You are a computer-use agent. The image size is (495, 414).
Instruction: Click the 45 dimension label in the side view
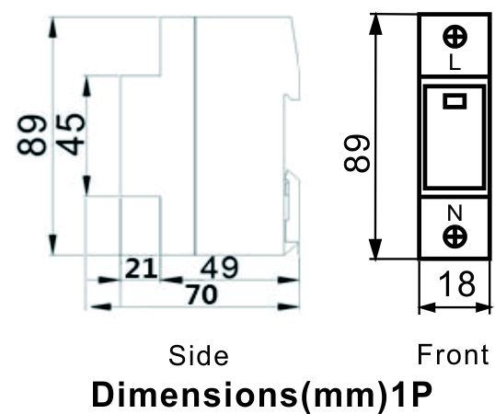click(71, 134)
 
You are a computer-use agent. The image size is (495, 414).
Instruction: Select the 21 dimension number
click(141, 269)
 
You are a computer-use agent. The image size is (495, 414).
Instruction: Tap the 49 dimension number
click(219, 268)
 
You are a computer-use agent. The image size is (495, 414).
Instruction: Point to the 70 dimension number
click(202, 294)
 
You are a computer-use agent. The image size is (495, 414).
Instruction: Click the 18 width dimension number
click(456, 284)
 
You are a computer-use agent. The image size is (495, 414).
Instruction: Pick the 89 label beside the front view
click(356, 153)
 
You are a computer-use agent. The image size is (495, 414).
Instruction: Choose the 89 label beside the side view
click(31, 134)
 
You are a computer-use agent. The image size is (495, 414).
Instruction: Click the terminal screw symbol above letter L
click(455, 37)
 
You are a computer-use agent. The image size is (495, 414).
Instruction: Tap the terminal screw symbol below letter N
click(455, 236)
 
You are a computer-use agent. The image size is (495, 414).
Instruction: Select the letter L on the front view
click(455, 62)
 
